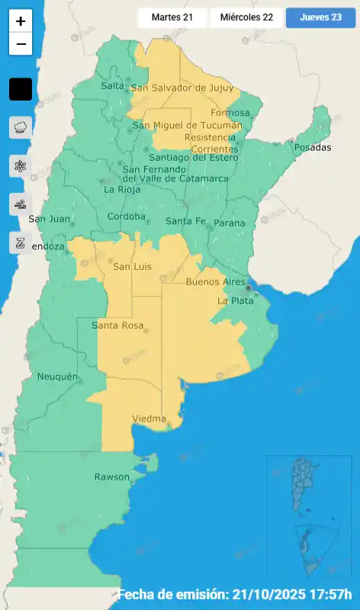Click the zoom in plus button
21,21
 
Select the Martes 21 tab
172,18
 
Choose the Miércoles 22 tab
246,18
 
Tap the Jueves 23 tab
320,18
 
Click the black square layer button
21,89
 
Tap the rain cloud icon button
21,127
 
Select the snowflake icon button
21,165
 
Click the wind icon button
21,204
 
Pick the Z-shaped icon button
21,242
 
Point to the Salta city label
112,86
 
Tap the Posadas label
310,147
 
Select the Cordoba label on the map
126,217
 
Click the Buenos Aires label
216,282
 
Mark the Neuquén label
57,377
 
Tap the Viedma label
149,419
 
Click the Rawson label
111,477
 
